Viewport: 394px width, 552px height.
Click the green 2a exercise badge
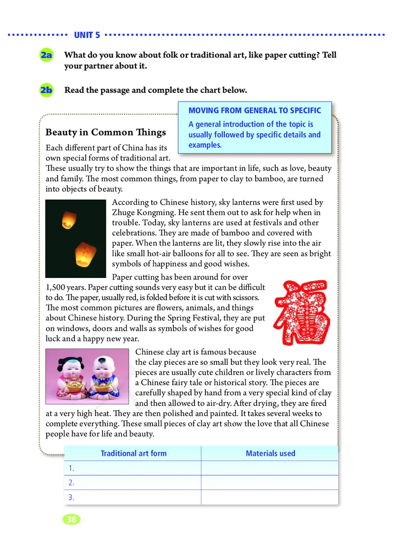click(47, 56)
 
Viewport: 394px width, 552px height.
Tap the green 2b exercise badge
click(47, 91)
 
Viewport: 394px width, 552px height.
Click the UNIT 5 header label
click(87, 35)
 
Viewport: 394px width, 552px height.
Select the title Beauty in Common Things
click(105, 133)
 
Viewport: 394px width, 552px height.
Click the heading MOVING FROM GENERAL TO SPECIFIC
click(255, 110)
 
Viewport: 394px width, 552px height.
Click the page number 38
click(72, 519)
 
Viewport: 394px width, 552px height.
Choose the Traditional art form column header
click(133, 453)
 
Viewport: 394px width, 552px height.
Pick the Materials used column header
click(270, 453)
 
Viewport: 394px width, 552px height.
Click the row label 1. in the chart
click(71, 468)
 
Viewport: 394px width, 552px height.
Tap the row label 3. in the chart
click(71, 497)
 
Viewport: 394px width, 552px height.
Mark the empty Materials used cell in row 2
click(269, 483)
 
